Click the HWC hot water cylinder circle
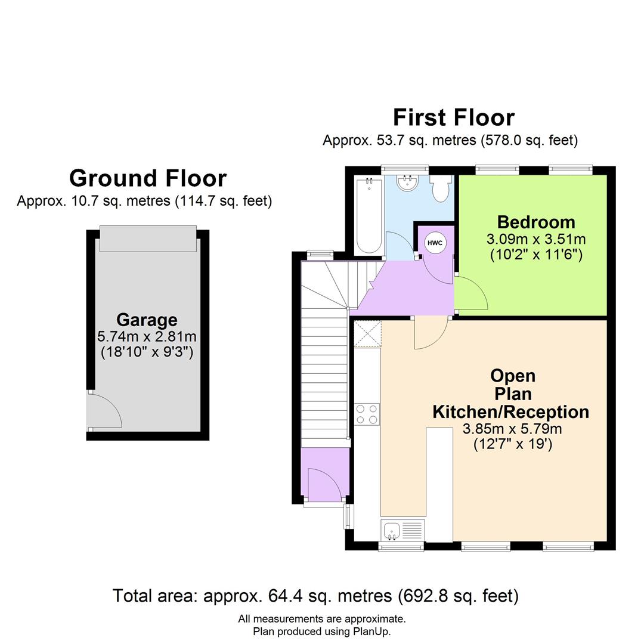(435, 243)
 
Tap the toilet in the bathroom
(441, 189)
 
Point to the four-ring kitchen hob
(367, 414)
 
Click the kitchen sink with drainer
(401, 530)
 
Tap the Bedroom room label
(536, 222)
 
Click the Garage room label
(147, 320)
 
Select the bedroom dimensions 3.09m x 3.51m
(536, 240)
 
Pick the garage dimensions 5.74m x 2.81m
(147, 337)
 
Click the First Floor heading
(453, 117)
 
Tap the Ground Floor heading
(148, 178)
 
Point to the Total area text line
(315, 595)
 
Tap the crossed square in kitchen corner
(367, 333)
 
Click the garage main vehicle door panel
(148, 239)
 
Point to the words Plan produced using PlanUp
(321, 631)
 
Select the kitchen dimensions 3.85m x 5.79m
(512, 429)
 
